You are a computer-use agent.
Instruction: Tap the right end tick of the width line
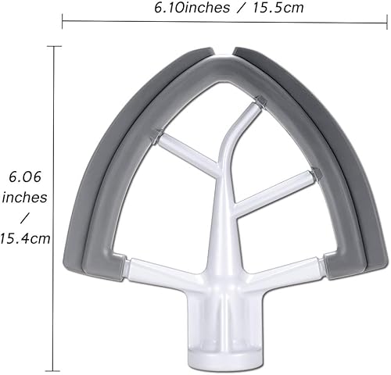[x=388, y=21]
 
